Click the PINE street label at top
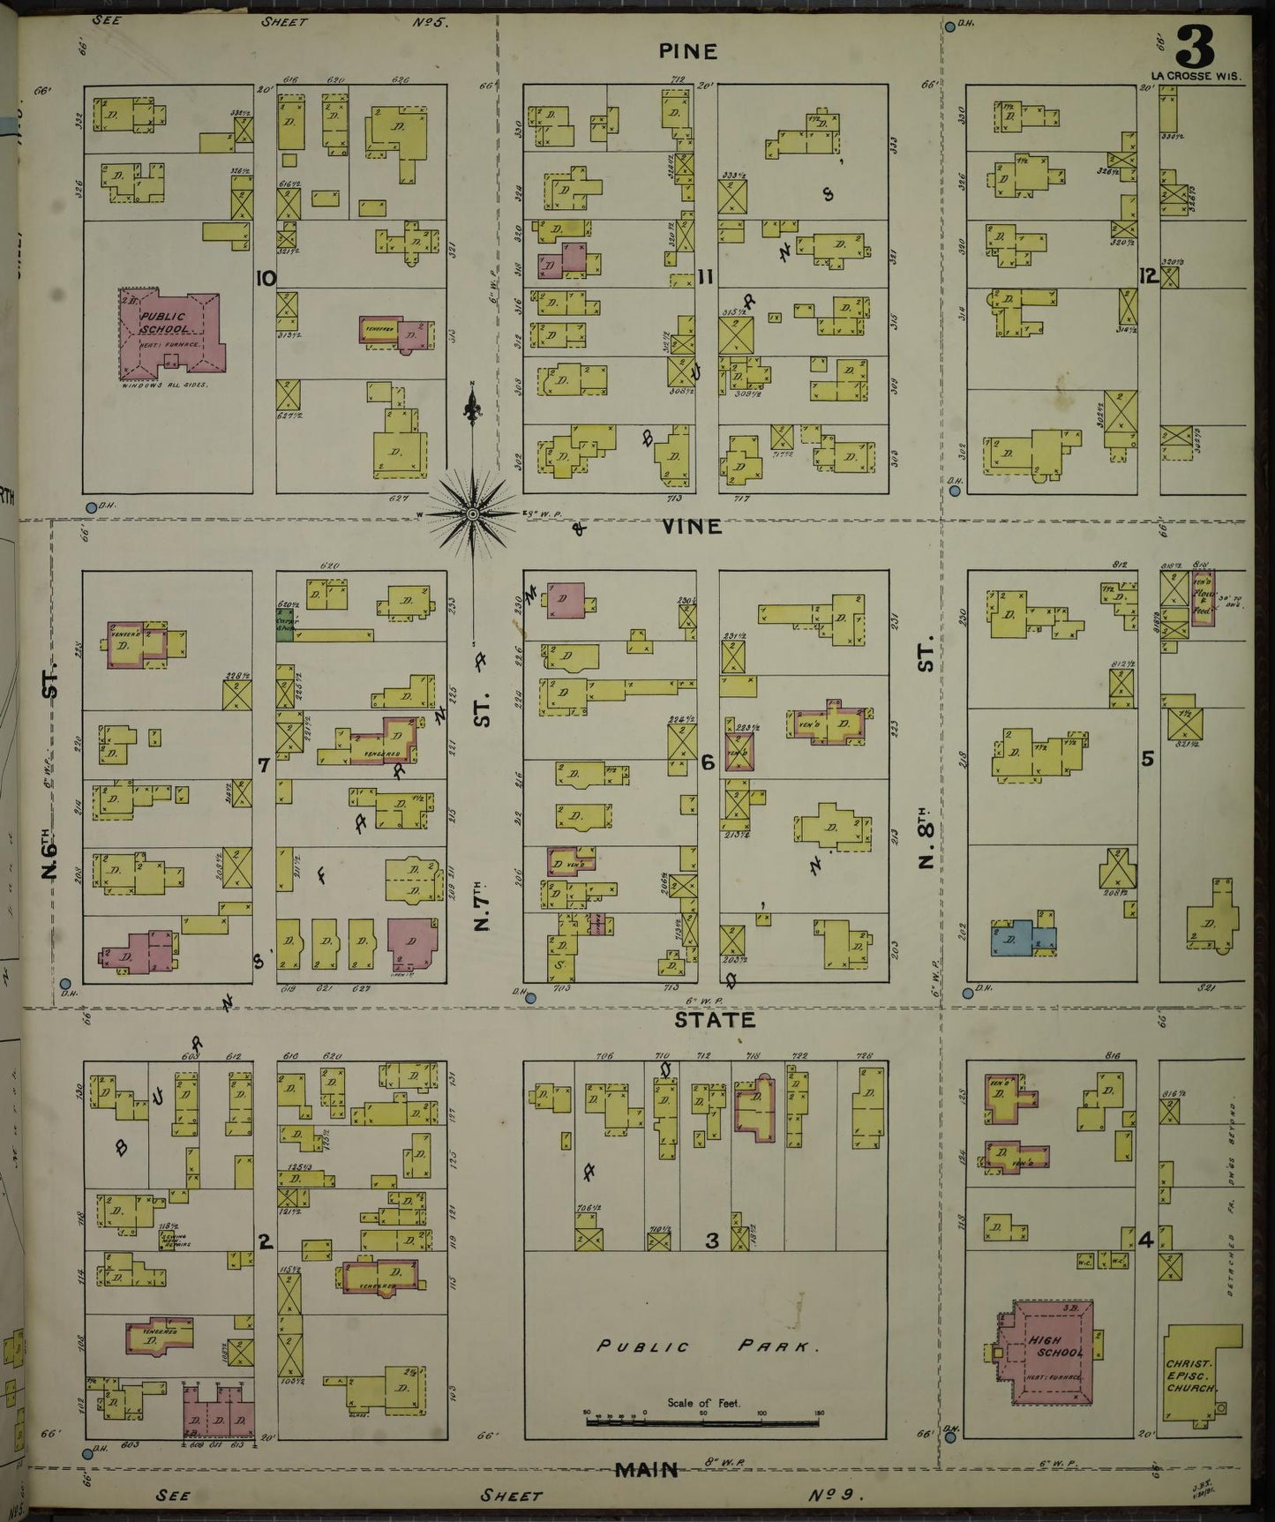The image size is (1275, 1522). point(688,52)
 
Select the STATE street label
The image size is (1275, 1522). point(715,1020)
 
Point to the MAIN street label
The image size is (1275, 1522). point(647,1469)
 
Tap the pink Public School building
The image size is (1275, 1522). point(172,330)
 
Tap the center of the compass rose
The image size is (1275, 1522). point(473,513)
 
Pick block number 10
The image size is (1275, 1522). point(264,279)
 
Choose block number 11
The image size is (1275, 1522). point(705,278)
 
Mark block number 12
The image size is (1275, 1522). point(1147,276)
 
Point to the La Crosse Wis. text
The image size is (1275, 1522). point(1195,77)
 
